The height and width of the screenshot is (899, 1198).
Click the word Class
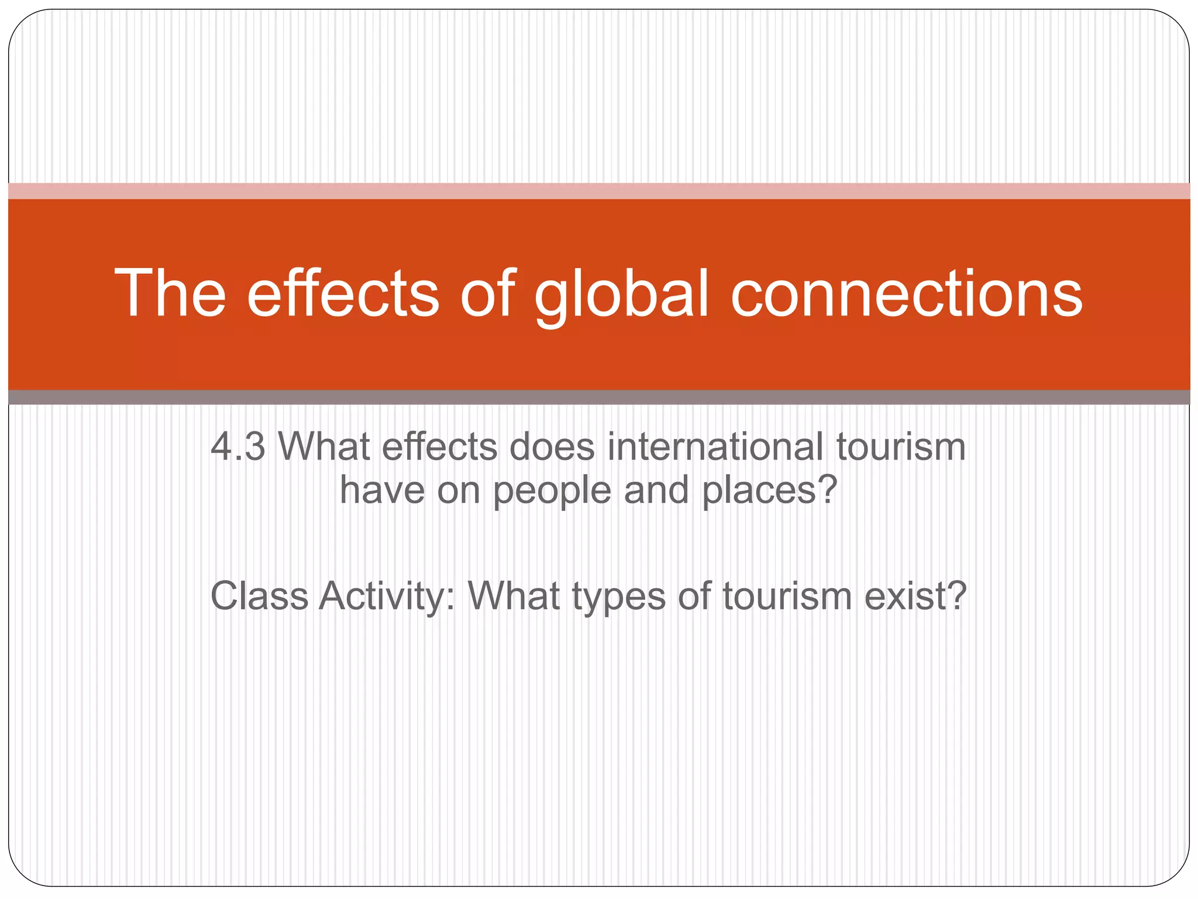point(259,596)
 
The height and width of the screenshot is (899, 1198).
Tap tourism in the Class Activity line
point(787,596)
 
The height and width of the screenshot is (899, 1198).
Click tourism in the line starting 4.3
point(900,447)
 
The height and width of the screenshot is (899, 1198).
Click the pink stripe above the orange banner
point(599,191)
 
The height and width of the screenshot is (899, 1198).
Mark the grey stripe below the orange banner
point(599,397)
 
